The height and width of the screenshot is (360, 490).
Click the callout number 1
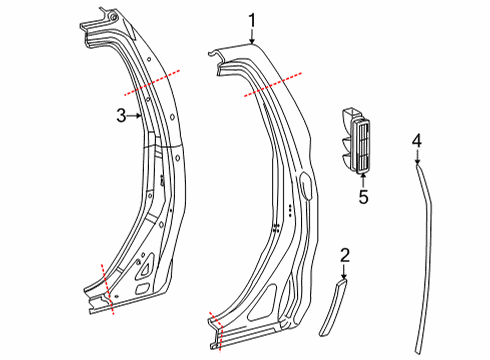pos(252,20)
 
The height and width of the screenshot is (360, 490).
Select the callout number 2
pos(345,255)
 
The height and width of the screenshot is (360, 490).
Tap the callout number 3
pos(121,116)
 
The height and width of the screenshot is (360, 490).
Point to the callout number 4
pos(417,141)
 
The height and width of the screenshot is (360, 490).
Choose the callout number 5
pos(363,196)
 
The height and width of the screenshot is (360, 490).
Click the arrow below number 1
pos(252,37)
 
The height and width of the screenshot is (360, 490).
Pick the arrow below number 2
pos(344,272)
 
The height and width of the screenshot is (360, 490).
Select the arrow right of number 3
pos(135,116)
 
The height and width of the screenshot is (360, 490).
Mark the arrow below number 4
pos(417,157)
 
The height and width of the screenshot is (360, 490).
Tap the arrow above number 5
pos(363,180)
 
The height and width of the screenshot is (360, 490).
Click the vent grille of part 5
pos(362,147)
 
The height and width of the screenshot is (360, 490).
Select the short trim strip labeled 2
pos(333,307)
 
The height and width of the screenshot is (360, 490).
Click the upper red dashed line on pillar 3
pos(152,83)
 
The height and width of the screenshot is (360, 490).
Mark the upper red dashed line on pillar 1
pos(273,84)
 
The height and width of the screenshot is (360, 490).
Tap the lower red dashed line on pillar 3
pos(107,289)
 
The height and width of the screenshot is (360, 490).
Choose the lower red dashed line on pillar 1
pos(216,331)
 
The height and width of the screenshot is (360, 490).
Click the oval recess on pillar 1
pos(306,183)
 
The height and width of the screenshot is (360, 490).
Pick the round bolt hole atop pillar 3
pos(113,17)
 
